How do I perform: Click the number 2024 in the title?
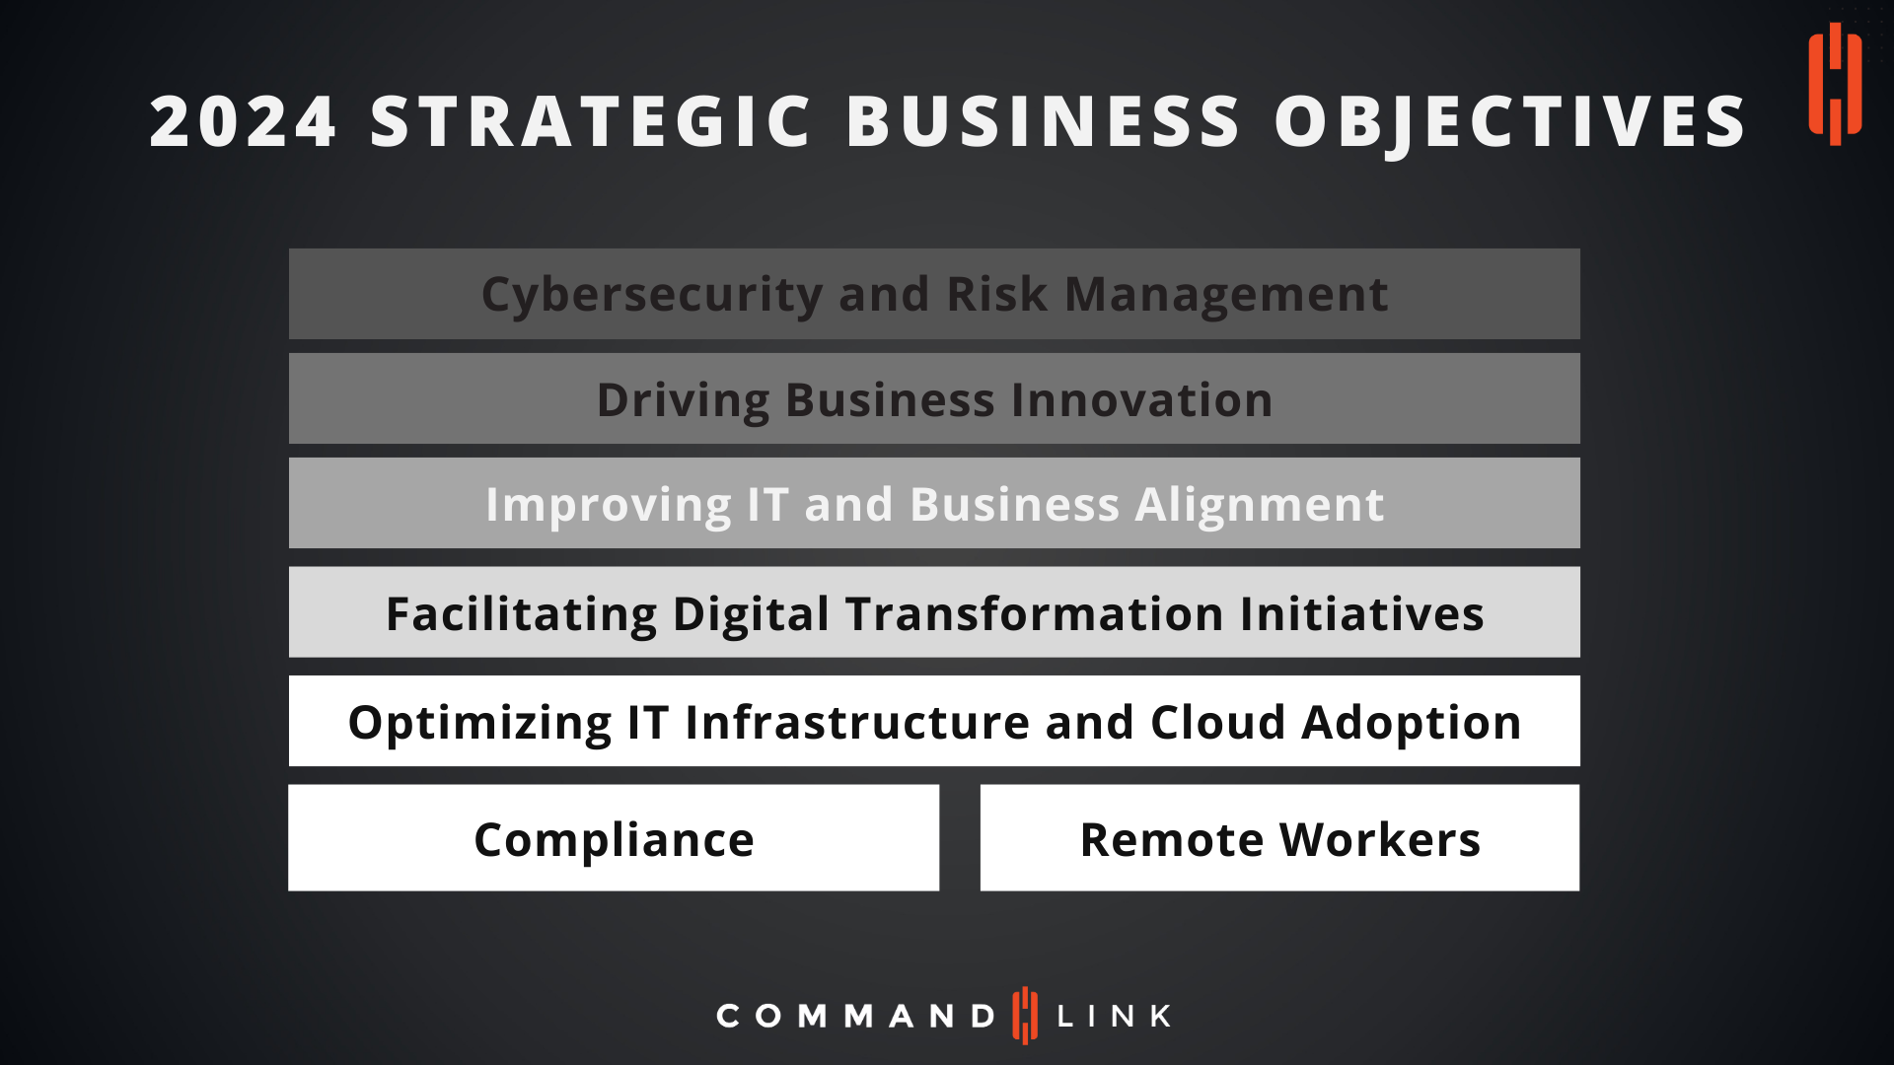coord(243,121)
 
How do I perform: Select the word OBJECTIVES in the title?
coord(1510,122)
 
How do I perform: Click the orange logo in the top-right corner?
coord(1835,84)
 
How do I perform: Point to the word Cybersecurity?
coord(652,295)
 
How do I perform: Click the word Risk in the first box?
coord(997,294)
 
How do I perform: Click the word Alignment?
coord(1260,505)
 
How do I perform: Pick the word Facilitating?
coord(521,613)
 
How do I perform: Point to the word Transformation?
coord(1035,613)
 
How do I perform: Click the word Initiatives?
coord(1362,613)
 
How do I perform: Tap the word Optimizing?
coord(479,723)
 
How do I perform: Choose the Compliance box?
coord(614,838)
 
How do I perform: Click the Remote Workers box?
coord(1279,838)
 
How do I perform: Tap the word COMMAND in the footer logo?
coord(856,1016)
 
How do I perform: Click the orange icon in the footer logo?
coord(1026,1015)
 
